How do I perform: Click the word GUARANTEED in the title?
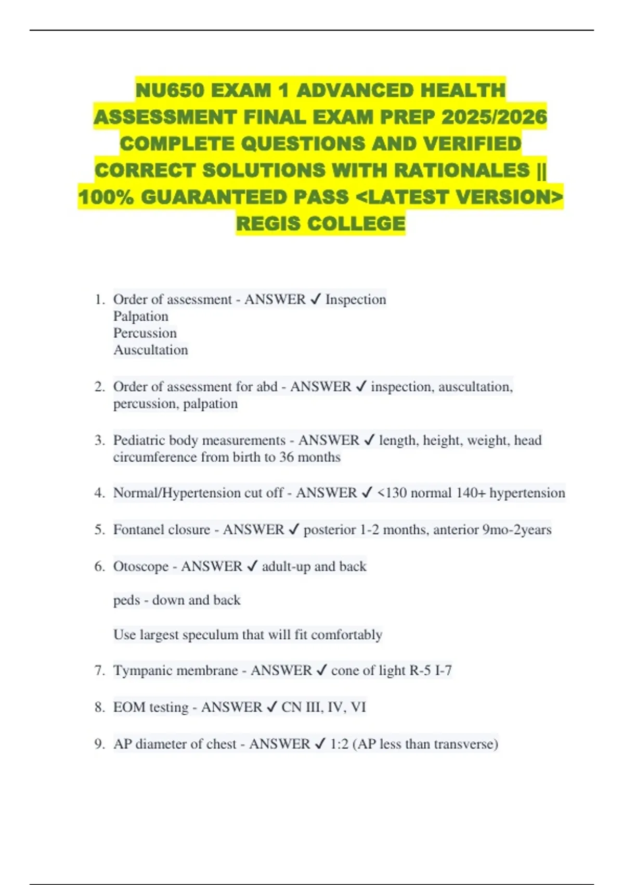pyautogui.click(x=244, y=197)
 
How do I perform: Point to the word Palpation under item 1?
pyautogui.click(x=141, y=317)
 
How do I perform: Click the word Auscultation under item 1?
pyautogui.click(x=151, y=350)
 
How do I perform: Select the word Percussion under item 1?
pyautogui.click(x=145, y=333)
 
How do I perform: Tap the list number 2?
pyautogui.click(x=99, y=387)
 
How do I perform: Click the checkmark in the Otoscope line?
pyautogui.click(x=252, y=566)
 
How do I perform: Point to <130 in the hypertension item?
pyautogui.click(x=392, y=493)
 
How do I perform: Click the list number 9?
pyautogui.click(x=99, y=744)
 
